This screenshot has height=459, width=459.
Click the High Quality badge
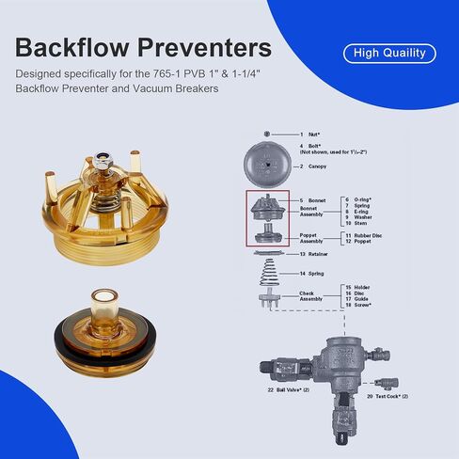pos(389,54)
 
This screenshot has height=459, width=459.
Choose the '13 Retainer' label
pos(316,254)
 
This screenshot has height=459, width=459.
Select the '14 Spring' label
pos(313,273)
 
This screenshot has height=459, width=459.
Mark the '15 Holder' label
pos(359,286)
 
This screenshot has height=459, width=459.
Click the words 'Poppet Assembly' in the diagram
pos(314,237)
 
